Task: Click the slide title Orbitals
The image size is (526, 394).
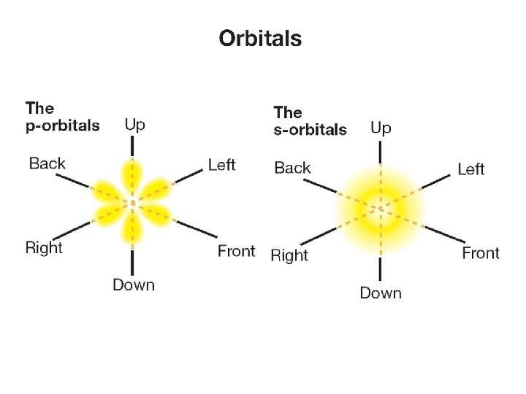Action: (260, 39)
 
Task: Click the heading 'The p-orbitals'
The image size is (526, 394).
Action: (62, 117)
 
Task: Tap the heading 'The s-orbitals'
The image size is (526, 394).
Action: (310, 121)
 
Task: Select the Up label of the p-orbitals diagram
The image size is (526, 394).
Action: (134, 125)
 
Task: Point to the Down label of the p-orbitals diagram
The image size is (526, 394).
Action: (134, 285)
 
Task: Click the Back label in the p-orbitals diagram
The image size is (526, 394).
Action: (47, 163)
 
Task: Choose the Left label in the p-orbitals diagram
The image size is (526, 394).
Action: (221, 164)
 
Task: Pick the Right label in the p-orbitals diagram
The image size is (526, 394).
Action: (44, 247)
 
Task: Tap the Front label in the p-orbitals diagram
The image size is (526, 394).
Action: (237, 251)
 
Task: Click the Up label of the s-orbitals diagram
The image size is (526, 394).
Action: (381, 128)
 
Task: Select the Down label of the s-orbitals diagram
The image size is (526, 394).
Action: (381, 293)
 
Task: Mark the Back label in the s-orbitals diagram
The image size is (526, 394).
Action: (292, 168)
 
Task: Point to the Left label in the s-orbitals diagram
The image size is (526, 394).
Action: (470, 169)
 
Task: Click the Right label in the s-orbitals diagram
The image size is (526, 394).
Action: (289, 255)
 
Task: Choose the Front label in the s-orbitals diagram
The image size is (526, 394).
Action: (481, 253)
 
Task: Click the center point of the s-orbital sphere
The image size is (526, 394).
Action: (380, 209)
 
